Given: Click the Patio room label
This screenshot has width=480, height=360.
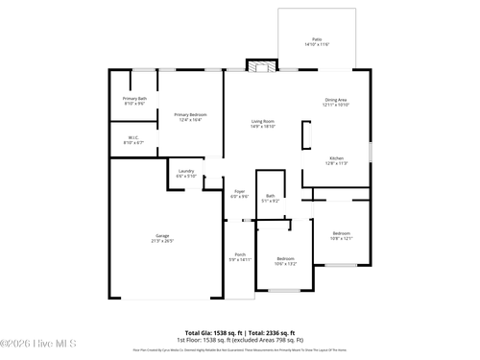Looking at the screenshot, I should pyautogui.click(x=317, y=41).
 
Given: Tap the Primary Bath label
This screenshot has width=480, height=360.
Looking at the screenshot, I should pyautogui.click(x=134, y=101).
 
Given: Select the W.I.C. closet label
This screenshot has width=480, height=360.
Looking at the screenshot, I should pyautogui.click(x=134, y=140).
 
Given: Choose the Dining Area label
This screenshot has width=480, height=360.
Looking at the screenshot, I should pyautogui.click(x=336, y=102).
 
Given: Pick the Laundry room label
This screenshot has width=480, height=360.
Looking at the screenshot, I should pyautogui.click(x=186, y=174).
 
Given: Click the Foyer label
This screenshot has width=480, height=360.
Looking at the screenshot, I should pyautogui.click(x=239, y=193).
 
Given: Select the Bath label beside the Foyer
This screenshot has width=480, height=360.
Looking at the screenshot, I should pyautogui.click(x=271, y=198).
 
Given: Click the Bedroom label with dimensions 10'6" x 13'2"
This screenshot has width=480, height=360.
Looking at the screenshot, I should pyautogui.click(x=286, y=260).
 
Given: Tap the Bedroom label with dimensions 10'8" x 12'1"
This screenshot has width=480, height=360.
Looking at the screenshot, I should pyautogui.click(x=342, y=235).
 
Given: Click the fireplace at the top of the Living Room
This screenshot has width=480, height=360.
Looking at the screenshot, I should pyautogui.click(x=260, y=66).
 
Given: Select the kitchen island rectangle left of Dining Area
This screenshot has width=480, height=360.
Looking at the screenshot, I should pyautogui.click(x=306, y=135).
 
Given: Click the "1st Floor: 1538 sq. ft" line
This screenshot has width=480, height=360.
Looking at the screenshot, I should pyautogui.click(x=205, y=338).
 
